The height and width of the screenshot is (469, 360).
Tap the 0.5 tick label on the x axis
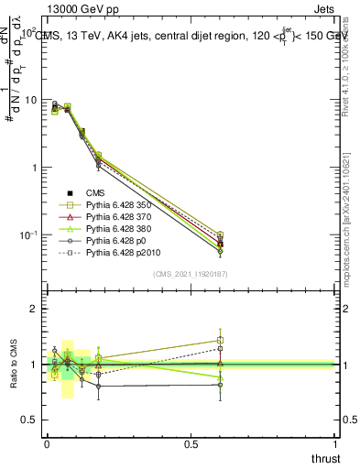(x=191, y=443)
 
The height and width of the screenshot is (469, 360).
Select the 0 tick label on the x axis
(x=48, y=443)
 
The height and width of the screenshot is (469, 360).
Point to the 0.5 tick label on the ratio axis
(x=27, y=420)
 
